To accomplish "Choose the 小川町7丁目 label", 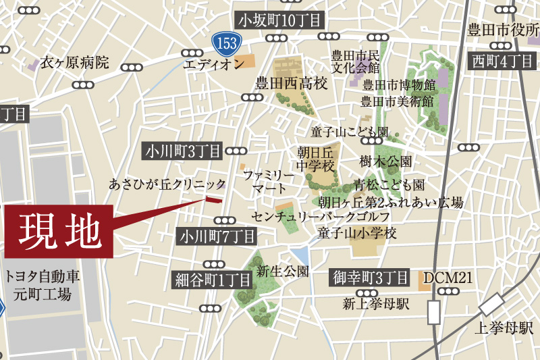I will [217, 236].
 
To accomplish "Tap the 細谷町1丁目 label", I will [213, 278].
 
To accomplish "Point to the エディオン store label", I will [213, 64].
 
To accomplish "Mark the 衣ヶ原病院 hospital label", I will [74, 63].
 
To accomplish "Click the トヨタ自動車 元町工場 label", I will [43, 284].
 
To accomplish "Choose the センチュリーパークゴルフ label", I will [320, 217].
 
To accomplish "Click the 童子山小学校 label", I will [357, 233].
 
